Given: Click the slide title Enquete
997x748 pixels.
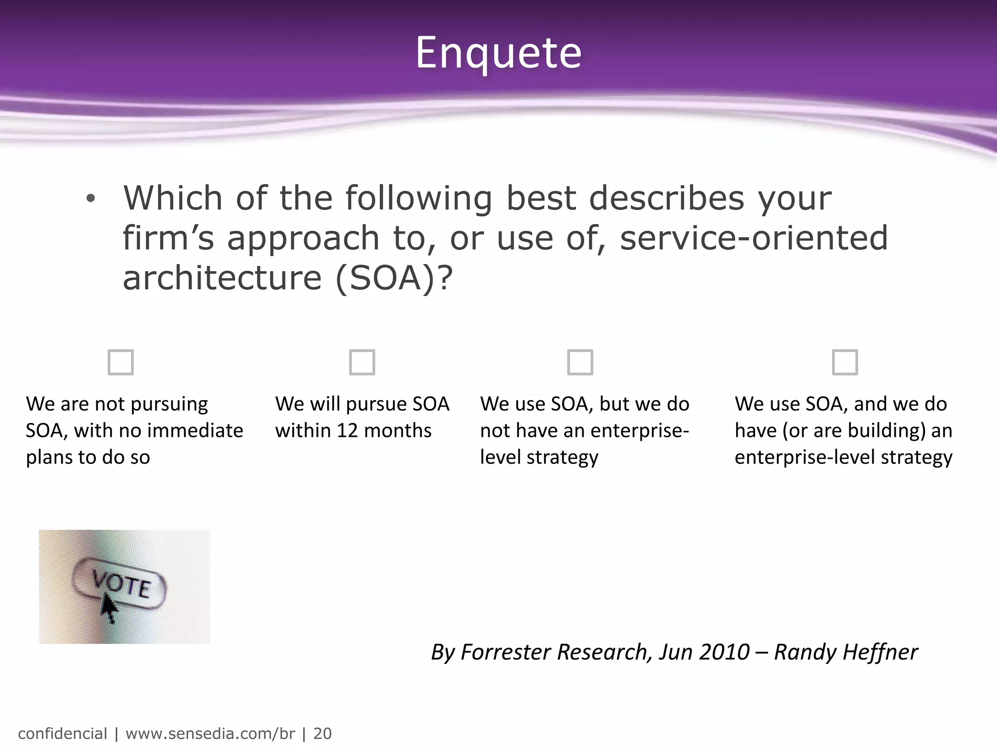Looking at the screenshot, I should point(498,53).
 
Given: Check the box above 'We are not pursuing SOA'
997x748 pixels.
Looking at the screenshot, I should point(121,362).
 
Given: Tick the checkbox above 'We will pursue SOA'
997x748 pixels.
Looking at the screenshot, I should point(362,362).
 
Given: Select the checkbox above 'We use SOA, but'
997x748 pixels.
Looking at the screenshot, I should point(580,362).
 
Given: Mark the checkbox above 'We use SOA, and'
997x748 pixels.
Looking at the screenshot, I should point(845,362).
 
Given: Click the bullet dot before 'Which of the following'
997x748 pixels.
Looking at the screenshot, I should point(91,199).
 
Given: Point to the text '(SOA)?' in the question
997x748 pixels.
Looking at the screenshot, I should point(394,279).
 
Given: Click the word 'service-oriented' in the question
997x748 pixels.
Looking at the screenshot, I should point(754,238).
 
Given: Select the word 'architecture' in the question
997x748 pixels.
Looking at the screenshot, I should point(222,279).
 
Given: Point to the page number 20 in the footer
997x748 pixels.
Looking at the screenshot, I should point(322,733).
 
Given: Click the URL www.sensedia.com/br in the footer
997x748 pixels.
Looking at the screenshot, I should point(210,733).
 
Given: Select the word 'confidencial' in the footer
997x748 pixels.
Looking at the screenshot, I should point(62,733).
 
